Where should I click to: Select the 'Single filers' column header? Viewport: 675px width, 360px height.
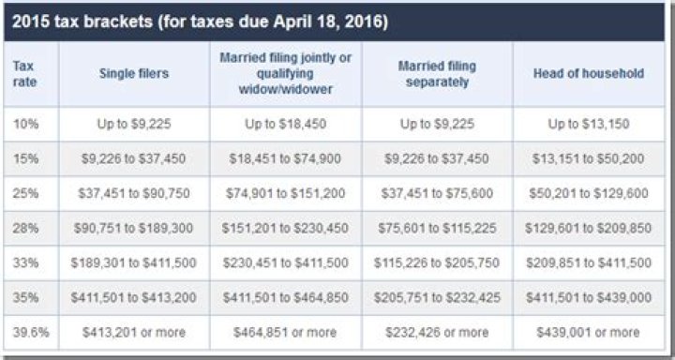134,73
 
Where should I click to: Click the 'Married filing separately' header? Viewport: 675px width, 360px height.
437,73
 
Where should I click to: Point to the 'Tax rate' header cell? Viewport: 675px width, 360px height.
24,73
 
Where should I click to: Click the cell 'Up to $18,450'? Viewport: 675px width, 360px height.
286,124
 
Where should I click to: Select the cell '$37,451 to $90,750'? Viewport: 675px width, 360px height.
134,193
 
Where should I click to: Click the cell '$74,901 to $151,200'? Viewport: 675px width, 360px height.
286,193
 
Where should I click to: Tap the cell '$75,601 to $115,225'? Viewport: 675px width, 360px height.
437,228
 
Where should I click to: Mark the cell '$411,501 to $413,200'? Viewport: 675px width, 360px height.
134,297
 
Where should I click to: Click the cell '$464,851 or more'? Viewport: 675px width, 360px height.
286,332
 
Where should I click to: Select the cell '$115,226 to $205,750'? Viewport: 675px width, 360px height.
437,262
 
